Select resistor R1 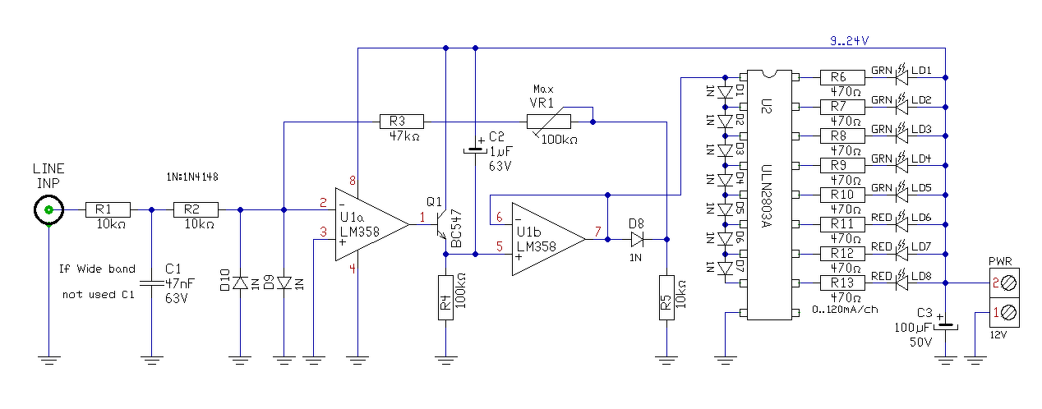[x=108, y=209]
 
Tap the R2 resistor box [x=196, y=209]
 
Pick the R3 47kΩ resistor [x=402, y=122]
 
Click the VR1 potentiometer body [x=549, y=122]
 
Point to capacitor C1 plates [x=152, y=283]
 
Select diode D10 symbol [x=240, y=283]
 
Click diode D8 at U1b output [x=638, y=239]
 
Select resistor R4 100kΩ [x=445, y=298]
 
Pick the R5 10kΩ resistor [x=666, y=298]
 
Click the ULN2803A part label [x=767, y=195]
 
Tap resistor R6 [x=842, y=78]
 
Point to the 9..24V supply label [x=850, y=41]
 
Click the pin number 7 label [x=597, y=231]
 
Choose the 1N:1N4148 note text [x=192, y=177]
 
